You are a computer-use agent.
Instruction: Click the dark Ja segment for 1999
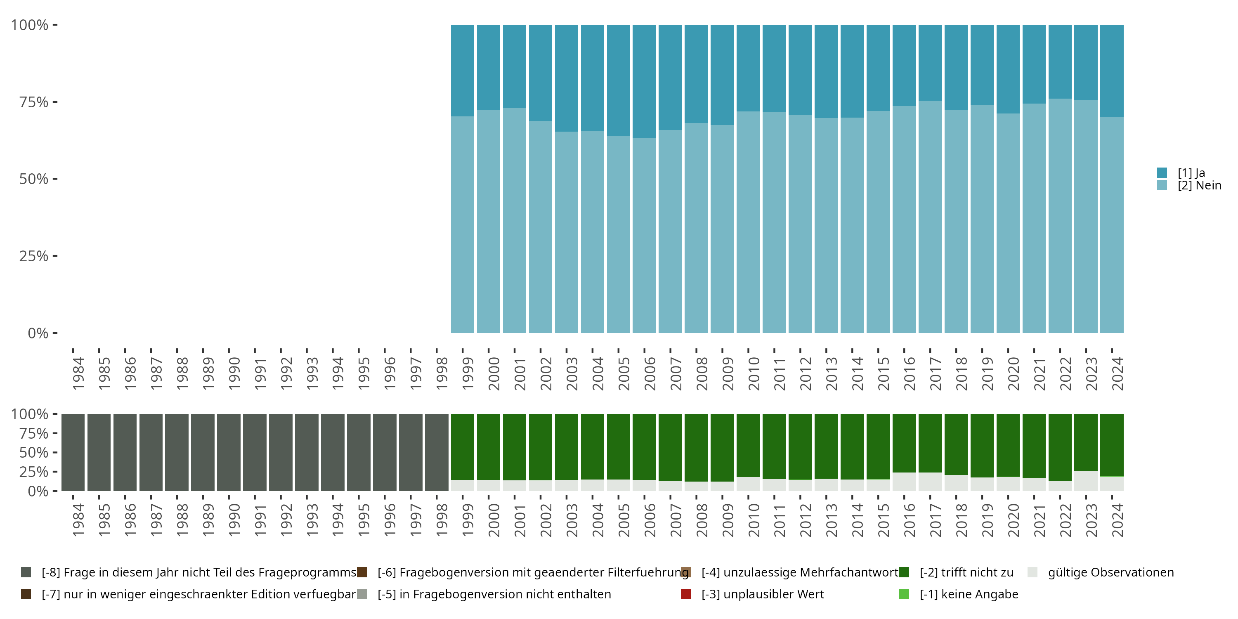coord(462,70)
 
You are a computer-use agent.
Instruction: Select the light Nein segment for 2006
coord(644,236)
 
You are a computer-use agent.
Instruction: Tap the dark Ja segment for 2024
coord(1112,71)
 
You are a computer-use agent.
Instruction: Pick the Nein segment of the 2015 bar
coord(878,222)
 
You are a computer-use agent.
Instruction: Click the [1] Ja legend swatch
coord(1162,172)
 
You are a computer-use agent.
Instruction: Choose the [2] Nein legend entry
coord(1199,186)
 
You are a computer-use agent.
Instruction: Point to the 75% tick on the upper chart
coord(34,102)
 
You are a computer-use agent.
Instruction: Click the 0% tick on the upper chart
coord(38,333)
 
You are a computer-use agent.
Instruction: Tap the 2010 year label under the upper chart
coord(754,373)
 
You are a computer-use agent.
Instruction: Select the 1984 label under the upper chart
coord(78,373)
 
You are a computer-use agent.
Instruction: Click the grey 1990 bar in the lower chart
coord(228,452)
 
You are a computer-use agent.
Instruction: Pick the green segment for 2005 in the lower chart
coord(618,447)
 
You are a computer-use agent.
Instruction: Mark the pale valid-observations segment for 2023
coord(1086,481)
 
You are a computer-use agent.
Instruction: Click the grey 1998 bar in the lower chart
coord(436,452)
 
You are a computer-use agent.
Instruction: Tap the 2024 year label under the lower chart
coord(1118,520)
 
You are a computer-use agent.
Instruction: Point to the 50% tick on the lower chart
coord(34,453)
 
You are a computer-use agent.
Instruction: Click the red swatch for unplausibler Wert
coord(686,594)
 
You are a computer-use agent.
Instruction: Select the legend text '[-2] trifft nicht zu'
coord(966,572)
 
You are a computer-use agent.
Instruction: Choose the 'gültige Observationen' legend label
coord(1110,572)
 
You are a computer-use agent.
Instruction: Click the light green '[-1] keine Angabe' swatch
coord(904,594)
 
